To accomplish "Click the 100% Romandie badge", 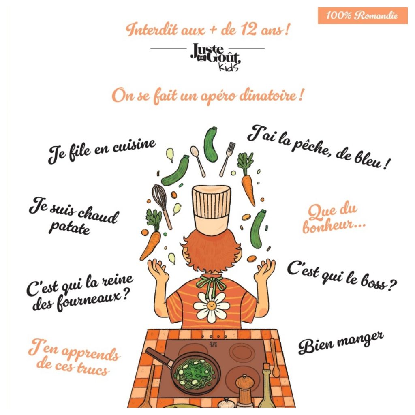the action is tap(362, 15).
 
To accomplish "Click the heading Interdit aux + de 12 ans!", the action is tap(208, 29).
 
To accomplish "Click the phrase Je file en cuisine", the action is tap(102, 151).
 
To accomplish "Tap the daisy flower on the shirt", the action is tap(211, 307).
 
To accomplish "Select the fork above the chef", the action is tap(227, 159).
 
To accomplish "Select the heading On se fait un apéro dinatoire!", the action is tap(207, 95).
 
